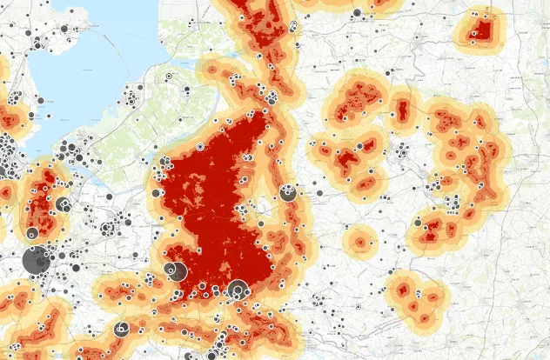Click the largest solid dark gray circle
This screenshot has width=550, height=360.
[x=36, y=260]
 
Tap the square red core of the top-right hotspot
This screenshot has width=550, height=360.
[x=482, y=30]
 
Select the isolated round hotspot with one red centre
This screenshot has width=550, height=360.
[x=359, y=241]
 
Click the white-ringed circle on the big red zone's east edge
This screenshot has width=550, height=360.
[x=288, y=193]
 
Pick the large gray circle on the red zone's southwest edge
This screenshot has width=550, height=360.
[x=175, y=271]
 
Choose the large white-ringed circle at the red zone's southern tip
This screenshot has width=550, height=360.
[x=237, y=290]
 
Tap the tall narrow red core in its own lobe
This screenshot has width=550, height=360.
[x=403, y=111]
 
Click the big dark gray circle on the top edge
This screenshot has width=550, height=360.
[x=357, y=11]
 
